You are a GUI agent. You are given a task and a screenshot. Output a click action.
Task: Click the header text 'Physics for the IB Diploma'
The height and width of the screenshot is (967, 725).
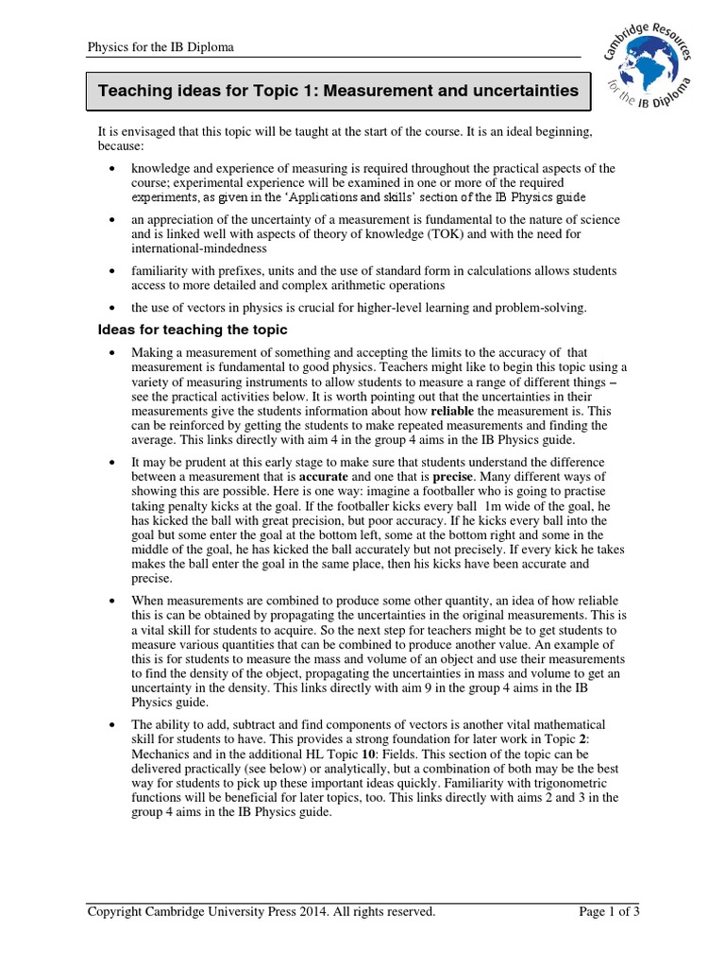pos(160,46)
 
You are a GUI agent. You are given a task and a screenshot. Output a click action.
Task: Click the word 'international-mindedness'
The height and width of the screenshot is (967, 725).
pos(199,249)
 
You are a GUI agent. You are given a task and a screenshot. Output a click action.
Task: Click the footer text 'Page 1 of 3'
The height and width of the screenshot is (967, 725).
pos(608,911)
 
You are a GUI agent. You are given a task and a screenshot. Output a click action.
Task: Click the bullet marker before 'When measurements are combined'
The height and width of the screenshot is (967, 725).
pos(112,600)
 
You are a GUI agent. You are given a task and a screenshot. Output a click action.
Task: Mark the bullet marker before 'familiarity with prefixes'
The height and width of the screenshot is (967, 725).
pos(112,271)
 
